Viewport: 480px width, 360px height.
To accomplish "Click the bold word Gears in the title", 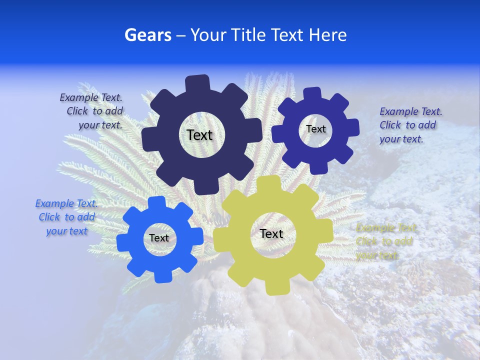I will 147,35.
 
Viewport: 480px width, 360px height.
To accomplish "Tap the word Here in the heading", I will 327,35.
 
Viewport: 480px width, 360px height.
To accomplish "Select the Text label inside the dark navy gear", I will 199,135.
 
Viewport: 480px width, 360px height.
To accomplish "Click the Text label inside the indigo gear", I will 315,129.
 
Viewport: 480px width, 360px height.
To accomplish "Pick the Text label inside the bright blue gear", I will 159,238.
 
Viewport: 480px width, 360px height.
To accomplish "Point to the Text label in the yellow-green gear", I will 271,233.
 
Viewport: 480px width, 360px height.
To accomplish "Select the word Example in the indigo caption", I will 397,111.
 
